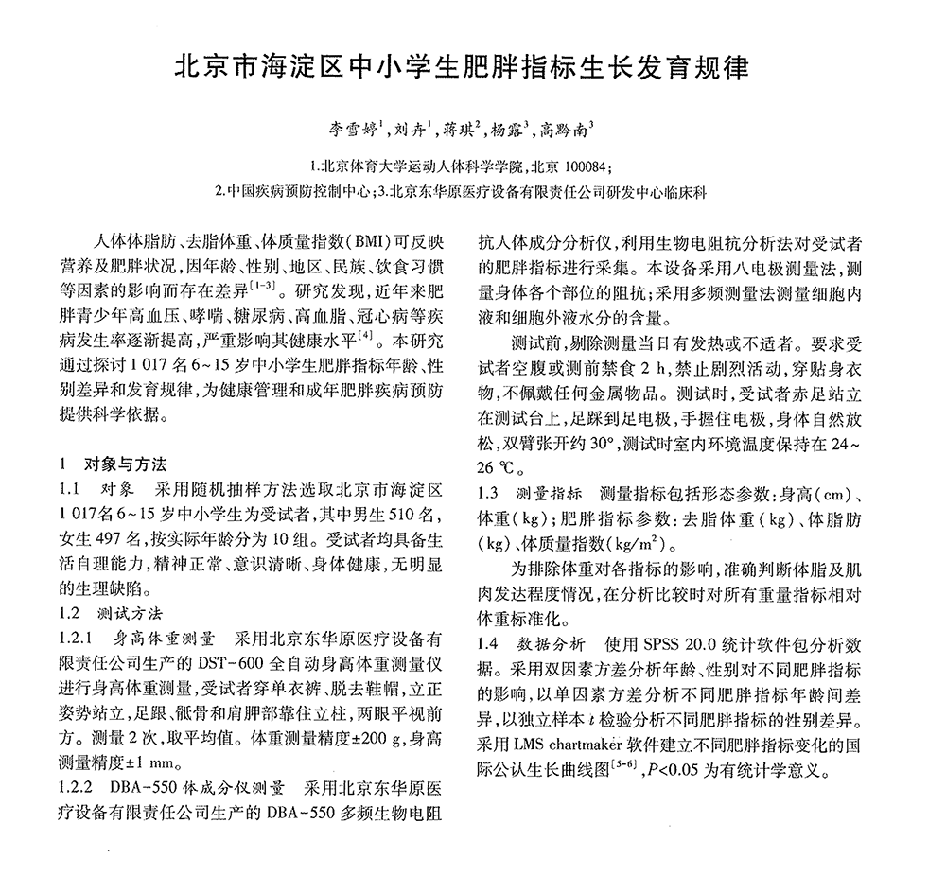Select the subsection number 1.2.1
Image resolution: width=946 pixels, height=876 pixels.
click(77, 638)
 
